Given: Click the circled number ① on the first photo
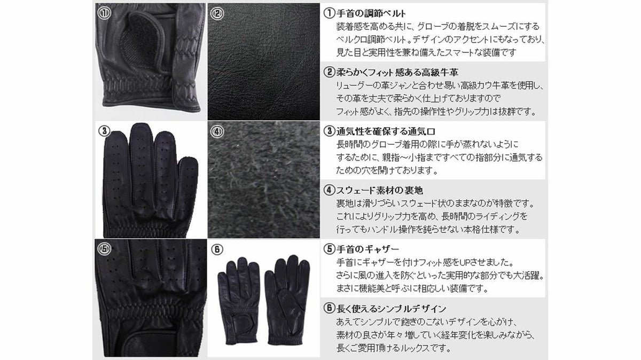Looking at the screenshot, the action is pos(104,13).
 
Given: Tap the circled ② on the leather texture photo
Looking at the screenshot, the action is pos(217,13).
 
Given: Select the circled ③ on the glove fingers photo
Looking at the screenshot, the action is pos(104,131).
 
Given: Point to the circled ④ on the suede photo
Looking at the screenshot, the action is pos(217,131).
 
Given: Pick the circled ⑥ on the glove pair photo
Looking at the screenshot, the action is pos(217,249).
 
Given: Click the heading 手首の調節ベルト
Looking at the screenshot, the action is pos(371,13).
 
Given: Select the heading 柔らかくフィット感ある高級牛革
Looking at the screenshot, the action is pos(397,73).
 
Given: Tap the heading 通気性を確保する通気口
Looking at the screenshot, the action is pos(386,131).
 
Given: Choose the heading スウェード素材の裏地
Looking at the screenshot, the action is pos(379,190).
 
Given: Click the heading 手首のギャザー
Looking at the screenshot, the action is pos(368,249).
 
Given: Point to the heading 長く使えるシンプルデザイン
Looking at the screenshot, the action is pos(391,309).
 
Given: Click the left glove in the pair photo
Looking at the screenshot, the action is pos(238,301).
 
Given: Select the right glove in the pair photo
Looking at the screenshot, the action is pos(287,300).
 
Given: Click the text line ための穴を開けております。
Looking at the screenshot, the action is pos(387,170).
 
